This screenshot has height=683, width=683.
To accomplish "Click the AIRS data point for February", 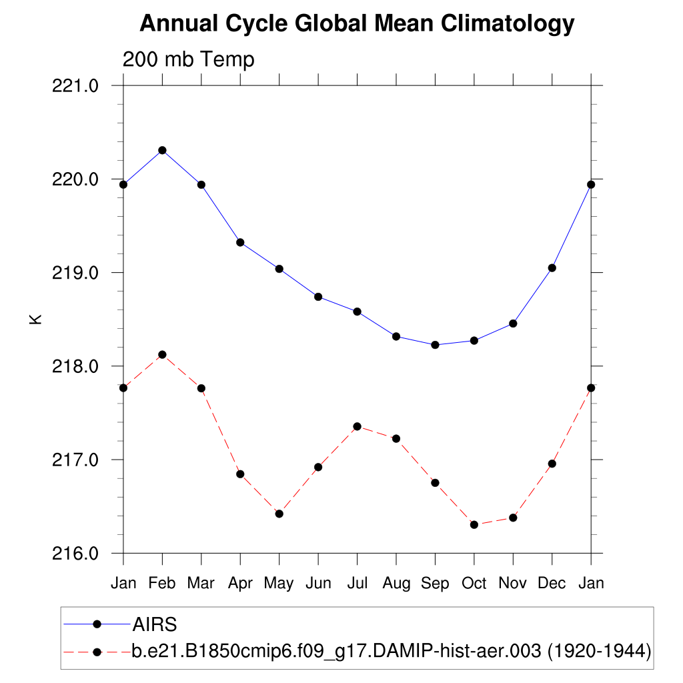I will tap(162, 150).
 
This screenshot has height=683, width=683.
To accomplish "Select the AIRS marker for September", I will tap(435, 345).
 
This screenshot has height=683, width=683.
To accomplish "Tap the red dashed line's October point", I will tap(474, 525).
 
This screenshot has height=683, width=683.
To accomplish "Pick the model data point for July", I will tap(358, 426).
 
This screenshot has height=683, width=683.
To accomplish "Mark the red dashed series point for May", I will tap(279, 514).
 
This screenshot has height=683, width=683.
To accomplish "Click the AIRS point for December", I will tap(552, 268).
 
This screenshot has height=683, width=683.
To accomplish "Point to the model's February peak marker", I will tap(162, 354).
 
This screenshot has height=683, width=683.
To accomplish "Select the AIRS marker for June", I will tap(318, 297).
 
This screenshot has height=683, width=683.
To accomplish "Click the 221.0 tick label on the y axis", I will tap(75, 86).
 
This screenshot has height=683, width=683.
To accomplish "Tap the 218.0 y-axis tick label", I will tap(75, 366).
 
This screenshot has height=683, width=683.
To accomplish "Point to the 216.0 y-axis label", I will tap(75, 554).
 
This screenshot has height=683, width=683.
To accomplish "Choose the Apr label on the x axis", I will tap(240, 584).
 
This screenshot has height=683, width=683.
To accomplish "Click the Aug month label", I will tap(396, 584).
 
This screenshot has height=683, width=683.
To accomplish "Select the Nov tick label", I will tap(513, 584).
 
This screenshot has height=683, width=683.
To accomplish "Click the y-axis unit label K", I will tap(36, 319).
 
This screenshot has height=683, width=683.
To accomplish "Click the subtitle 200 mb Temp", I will tap(189, 60).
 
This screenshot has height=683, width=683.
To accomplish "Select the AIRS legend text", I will tap(154, 624).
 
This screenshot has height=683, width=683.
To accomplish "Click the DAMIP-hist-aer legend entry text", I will tap(391, 651).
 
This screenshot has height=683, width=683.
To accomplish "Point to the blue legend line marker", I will tap(97, 624).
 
